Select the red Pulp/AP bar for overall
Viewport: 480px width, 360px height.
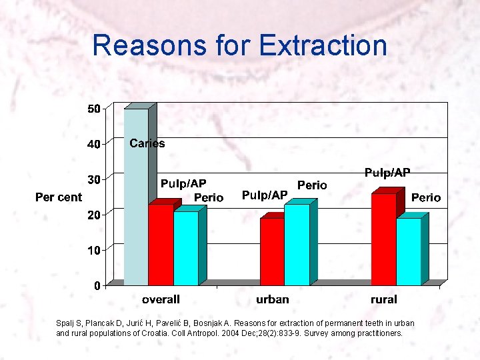click(x=161, y=245)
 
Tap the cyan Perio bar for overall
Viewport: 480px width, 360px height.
click(x=186, y=249)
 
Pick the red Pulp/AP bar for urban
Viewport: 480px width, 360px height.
click(x=272, y=252)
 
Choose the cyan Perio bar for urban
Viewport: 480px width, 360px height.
click(x=297, y=245)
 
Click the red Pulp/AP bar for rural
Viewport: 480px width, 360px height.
click(x=384, y=240)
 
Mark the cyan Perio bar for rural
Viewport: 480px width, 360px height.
click(x=409, y=252)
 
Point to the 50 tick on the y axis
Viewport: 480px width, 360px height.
click(x=94, y=109)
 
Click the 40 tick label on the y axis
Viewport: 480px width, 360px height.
click(x=94, y=144)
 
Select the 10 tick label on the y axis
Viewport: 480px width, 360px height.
click(x=94, y=251)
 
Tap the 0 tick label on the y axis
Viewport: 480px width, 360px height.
click(x=97, y=286)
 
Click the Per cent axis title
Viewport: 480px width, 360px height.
click(x=59, y=197)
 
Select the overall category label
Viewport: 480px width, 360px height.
click(x=160, y=300)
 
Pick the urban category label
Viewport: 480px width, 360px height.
click(x=272, y=300)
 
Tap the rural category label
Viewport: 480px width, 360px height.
click(x=383, y=300)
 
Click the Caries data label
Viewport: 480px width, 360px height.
click(x=147, y=143)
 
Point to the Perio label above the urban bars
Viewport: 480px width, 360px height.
click(x=312, y=185)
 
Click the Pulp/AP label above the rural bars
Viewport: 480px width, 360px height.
click(x=387, y=173)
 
